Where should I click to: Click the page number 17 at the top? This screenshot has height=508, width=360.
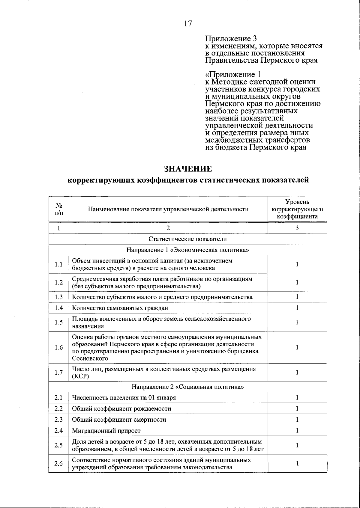point(188,23)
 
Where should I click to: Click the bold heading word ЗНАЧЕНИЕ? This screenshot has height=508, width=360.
point(188,169)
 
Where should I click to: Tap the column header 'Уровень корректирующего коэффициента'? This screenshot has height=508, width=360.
point(297,209)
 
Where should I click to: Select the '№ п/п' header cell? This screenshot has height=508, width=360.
point(59,209)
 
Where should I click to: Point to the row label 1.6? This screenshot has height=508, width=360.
point(59,347)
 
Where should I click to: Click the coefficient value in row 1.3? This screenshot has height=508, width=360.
point(297,297)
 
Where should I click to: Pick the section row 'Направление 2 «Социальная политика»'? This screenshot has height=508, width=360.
point(188,387)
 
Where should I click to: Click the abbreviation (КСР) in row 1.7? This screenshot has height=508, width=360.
point(80,376)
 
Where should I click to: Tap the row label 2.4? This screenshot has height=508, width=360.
point(59,431)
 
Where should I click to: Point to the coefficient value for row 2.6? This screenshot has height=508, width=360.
point(297,463)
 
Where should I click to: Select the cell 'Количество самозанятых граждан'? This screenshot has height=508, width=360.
point(120,308)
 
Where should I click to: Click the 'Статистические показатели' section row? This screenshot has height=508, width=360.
point(188,239)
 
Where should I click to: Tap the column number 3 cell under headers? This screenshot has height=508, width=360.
point(297,228)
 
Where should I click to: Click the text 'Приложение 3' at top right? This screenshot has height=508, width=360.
point(231,39)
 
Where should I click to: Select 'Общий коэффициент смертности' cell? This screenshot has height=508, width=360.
point(119,420)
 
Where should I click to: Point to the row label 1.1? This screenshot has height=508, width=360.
point(59,264)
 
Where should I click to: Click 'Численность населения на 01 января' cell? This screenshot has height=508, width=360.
point(124,398)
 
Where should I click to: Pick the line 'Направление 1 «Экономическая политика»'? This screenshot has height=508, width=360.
point(188,250)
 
